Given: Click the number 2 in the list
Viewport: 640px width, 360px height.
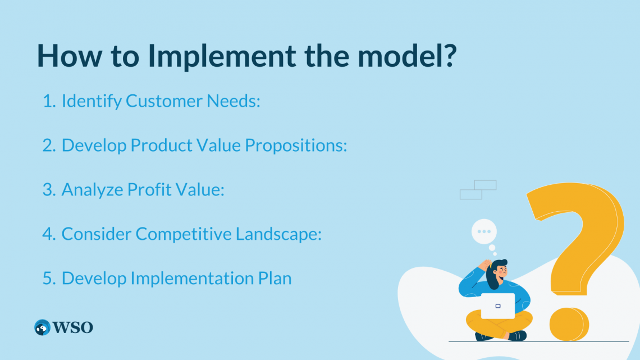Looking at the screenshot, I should coord(48,145).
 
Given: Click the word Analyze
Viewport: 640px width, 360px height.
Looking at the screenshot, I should coord(92,190).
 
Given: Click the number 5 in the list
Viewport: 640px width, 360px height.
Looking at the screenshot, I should coord(48,278).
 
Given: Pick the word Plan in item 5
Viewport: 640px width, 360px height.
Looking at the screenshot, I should coord(275,278).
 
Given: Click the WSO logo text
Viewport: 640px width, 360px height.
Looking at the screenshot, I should coord(72,327).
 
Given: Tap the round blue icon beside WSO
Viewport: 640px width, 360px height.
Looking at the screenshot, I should coord(42,327).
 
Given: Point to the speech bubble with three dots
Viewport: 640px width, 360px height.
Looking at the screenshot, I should coord(484,231).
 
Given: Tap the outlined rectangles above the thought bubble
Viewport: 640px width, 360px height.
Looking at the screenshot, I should coord(478,189).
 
